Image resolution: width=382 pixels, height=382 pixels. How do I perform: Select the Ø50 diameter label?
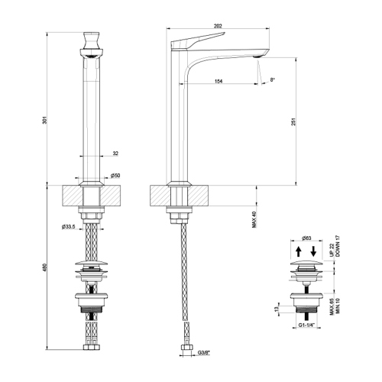(115, 176)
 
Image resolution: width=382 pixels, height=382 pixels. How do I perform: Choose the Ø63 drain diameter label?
(309, 239)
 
